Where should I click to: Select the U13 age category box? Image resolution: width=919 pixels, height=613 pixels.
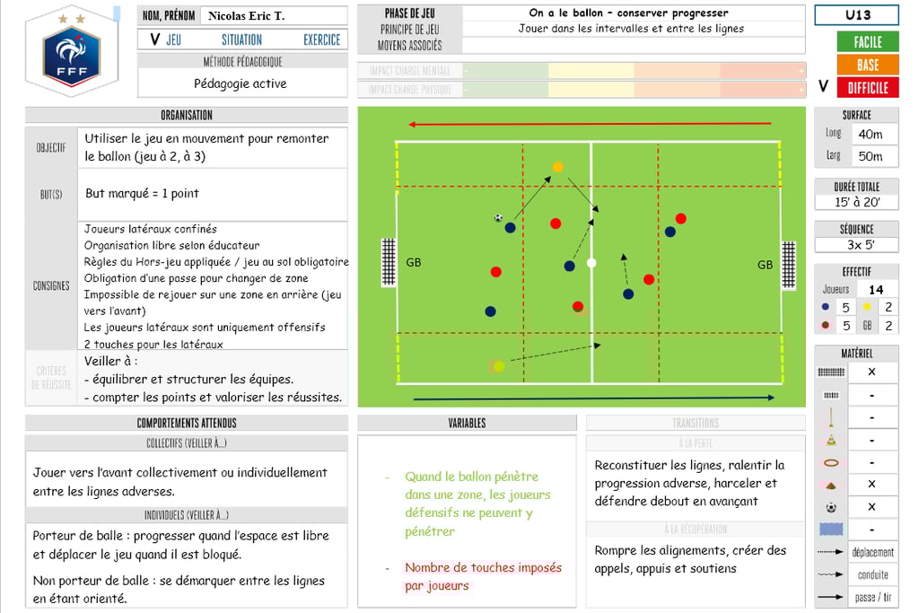coord(858,15)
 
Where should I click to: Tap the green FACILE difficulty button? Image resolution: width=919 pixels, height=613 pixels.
coord(867,41)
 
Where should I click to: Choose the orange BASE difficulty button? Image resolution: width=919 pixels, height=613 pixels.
coord(867,65)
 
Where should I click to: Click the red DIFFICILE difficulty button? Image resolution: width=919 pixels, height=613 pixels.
coord(867,87)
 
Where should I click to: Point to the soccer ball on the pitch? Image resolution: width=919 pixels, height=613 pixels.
coord(499,217)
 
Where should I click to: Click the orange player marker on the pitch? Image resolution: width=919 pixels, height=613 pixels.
coord(558,167)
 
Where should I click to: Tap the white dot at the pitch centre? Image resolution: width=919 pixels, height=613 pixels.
coord(591,263)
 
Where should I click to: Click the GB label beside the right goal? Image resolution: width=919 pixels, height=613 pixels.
coord(765,265)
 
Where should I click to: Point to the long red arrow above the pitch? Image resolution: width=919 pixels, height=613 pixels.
coord(590,125)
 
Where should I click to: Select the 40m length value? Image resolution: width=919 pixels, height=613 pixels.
coord(870,134)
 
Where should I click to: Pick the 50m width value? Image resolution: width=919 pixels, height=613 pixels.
coord(870,156)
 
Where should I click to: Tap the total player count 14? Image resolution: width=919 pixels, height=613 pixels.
coord(876,289)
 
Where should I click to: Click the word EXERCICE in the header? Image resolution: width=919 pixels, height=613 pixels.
coord(321,39)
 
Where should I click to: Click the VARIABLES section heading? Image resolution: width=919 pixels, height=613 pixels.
coord(467,423)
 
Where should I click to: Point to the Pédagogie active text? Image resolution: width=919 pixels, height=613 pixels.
coord(241,83)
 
